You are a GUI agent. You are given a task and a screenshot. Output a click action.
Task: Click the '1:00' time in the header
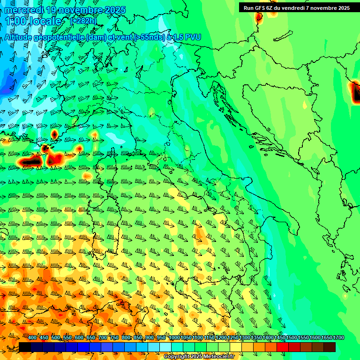tap(16, 22)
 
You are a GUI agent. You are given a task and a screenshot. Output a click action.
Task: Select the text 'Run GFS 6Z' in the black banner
tap(260, 7)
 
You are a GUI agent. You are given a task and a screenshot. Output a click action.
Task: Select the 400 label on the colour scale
tap(32, 338)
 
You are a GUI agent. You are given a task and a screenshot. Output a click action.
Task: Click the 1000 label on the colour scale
tap(174, 338)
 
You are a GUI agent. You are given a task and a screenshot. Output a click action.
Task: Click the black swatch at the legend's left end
tap(25, 347)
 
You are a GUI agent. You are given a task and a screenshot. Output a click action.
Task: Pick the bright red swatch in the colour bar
tap(283, 347)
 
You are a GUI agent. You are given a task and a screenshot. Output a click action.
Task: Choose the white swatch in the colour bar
tap(165, 347)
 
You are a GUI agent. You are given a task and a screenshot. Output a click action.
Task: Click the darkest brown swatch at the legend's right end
tap(330, 347)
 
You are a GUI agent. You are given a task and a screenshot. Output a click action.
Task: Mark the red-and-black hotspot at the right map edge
tap(354, 91)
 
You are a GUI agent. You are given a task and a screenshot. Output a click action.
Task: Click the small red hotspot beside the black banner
tap(258, 17)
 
